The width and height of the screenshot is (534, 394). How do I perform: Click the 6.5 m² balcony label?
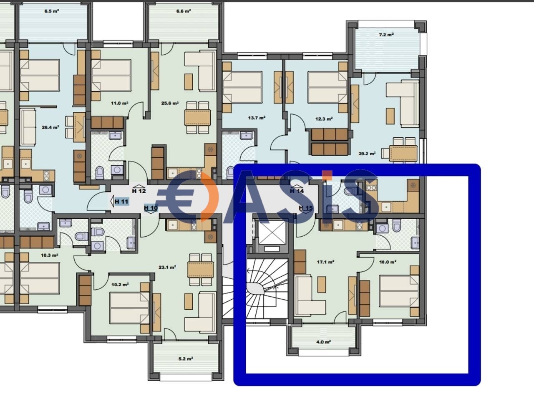pyautogui.click(x=52, y=11)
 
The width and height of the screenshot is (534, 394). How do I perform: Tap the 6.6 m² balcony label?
pyautogui.click(x=184, y=11)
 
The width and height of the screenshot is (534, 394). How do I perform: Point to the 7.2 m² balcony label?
pyautogui.click(x=386, y=35)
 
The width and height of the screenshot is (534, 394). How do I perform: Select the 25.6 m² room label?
pyautogui.click(x=170, y=103)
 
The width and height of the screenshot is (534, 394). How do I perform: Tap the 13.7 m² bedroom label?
pyautogui.click(x=257, y=118)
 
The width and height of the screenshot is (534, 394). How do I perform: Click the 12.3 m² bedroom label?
pyautogui.click(x=324, y=119)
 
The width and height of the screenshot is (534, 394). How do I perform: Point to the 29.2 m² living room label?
pyautogui.click(x=367, y=154)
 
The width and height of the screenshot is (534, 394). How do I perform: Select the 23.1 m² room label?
pyautogui.click(x=167, y=267)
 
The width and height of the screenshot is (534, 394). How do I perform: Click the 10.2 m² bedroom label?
pyautogui.click(x=120, y=285)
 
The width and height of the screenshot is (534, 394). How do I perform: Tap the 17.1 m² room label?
pyautogui.click(x=325, y=262)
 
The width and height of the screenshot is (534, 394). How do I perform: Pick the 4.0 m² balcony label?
pyautogui.click(x=323, y=342)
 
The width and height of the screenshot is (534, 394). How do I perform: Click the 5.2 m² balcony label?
pyautogui.click(x=186, y=359)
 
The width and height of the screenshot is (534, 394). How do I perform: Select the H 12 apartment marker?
pyautogui.click(x=139, y=190)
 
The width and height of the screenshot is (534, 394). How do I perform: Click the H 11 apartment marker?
pyautogui.click(x=121, y=202)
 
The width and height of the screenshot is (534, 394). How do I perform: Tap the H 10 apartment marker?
pyautogui.click(x=151, y=208)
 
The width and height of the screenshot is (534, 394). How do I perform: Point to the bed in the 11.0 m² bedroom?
pyautogui.click(x=111, y=75)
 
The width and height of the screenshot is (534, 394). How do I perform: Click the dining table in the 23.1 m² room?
pyautogui.click(x=201, y=270)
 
